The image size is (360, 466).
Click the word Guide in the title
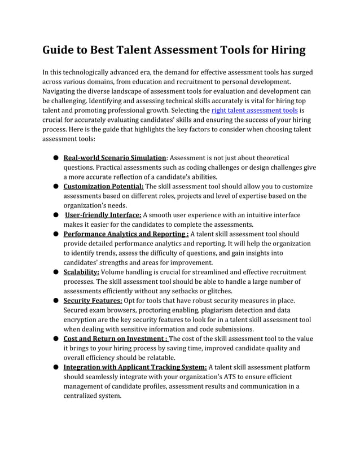[x=60, y=50]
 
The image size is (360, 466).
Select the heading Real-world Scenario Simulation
[x=115, y=158]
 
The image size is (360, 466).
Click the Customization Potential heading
[x=104, y=186]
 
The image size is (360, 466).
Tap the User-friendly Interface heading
[x=103, y=215]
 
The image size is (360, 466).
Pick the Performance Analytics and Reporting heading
[x=126, y=234]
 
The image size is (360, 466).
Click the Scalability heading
[x=81, y=272]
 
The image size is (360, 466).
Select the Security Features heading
[x=93, y=301]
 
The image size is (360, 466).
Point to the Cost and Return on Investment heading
[x=115, y=338]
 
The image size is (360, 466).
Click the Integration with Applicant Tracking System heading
[x=135, y=367]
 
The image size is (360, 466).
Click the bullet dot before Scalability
[x=56, y=272]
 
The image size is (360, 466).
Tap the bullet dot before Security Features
[x=56, y=301]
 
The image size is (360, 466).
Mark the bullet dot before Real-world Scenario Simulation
[x=56, y=158]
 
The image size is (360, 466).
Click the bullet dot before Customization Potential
[x=56, y=186]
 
